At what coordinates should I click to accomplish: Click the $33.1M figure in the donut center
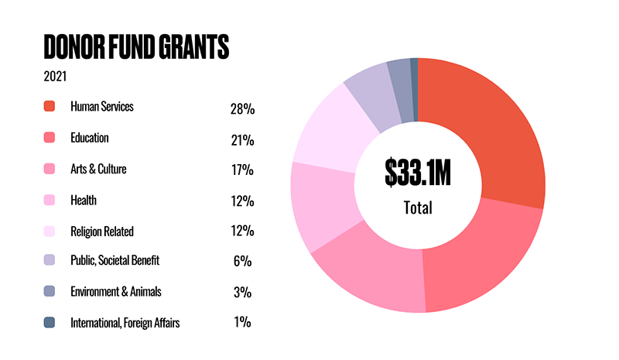[417, 173]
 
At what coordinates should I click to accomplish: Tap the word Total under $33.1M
[417, 207]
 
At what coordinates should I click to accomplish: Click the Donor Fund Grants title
[136, 47]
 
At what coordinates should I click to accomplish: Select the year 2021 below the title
[56, 77]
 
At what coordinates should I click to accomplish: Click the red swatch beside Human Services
[50, 107]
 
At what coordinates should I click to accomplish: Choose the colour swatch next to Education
[50, 138]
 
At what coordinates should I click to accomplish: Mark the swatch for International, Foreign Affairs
[50, 323]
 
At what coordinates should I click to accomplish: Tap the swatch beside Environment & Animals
[50, 292]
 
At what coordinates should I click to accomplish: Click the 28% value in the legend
[241, 109]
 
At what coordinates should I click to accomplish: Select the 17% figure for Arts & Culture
[241, 171]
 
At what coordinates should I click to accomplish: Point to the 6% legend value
[241, 262]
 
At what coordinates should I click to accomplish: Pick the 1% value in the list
[241, 323]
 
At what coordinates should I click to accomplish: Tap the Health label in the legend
[84, 200]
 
